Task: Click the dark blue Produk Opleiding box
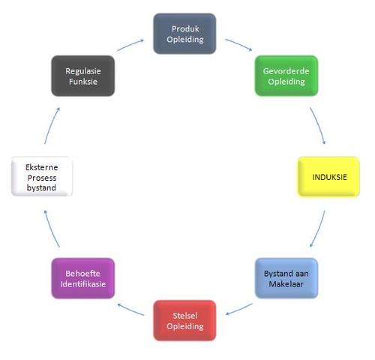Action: click(x=184, y=34)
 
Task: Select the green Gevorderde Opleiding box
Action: click(x=286, y=76)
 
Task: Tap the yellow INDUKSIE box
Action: click(x=328, y=177)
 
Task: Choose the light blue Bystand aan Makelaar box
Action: click(x=286, y=278)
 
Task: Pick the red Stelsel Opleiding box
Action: click(x=184, y=320)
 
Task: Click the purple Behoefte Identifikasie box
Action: click(x=83, y=278)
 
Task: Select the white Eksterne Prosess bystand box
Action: click(x=42, y=176)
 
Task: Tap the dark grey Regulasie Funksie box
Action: click(x=83, y=76)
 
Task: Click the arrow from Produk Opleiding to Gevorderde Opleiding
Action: click(x=239, y=44)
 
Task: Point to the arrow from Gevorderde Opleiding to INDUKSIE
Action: click(x=319, y=125)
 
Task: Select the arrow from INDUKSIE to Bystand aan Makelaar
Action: click(x=319, y=229)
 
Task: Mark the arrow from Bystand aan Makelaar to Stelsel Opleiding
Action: click(x=238, y=310)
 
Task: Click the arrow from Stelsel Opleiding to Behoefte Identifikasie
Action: click(x=130, y=309)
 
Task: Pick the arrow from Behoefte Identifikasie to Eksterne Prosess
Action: click(x=51, y=229)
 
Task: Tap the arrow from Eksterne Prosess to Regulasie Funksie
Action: click(x=51, y=125)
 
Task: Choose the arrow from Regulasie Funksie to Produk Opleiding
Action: click(x=130, y=44)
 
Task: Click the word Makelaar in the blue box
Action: click(x=286, y=284)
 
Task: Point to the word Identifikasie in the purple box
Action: click(x=83, y=284)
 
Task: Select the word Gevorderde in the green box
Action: click(x=286, y=71)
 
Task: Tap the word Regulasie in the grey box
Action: click(x=83, y=71)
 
